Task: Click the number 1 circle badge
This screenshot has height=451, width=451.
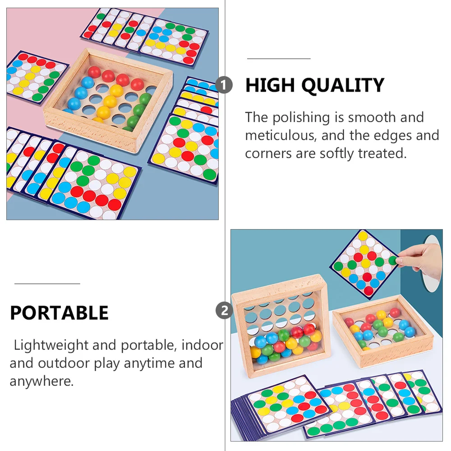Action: (x=224, y=85)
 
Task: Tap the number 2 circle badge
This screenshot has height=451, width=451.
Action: (x=224, y=311)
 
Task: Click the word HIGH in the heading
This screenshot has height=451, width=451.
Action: (x=270, y=85)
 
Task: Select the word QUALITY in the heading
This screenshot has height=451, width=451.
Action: (x=343, y=85)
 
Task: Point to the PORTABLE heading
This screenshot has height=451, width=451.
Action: (x=59, y=313)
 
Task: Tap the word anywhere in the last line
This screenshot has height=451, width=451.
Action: (x=41, y=381)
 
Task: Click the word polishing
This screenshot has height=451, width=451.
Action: (x=301, y=118)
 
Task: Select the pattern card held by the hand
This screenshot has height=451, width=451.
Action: (x=364, y=262)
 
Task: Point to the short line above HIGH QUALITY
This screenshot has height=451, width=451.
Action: (x=279, y=59)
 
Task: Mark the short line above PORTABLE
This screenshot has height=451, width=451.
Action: (x=47, y=284)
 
